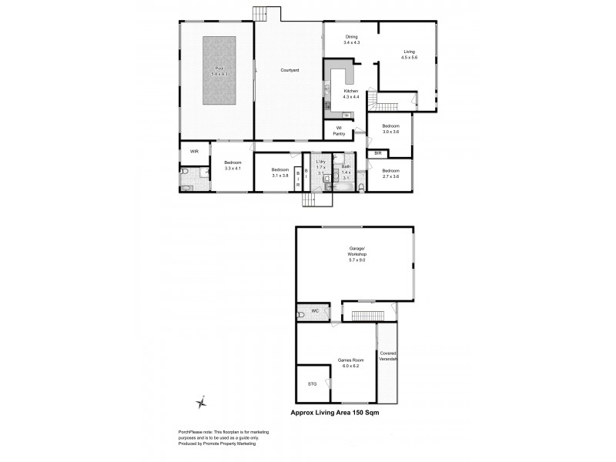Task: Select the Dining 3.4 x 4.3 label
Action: click(x=352, y=40)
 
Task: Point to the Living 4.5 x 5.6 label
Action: click(x=409, y=55)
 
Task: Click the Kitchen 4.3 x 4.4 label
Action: click(x=351, y=94)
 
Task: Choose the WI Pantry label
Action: click(x=339, y=132)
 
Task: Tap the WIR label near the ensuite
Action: click(x=194, y=152)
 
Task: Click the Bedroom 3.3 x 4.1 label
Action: click(x=233, y=165)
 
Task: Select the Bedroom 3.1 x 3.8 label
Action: click(x=280, y=172)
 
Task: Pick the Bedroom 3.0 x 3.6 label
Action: click(x=391, y=129)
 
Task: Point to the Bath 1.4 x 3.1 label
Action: click(x=346, y=171)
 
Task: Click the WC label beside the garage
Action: click(x=314, y=313)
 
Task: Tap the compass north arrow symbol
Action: click(x=202, y=402)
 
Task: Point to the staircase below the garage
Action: click(x=368, y=314)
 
